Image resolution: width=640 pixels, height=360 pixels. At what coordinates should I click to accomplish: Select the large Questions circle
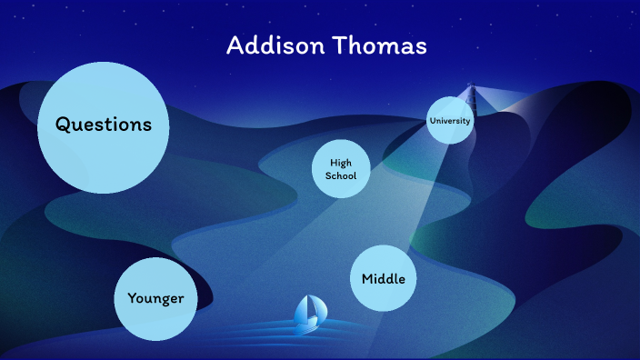point(103,127)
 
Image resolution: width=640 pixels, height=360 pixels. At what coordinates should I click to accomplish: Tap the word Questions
point(103,125)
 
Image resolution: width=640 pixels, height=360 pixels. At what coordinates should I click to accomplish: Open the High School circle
point(341,169)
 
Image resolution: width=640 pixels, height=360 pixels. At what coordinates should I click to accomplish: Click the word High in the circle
point(341,162)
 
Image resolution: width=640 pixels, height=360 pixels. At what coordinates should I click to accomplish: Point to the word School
point(341,175)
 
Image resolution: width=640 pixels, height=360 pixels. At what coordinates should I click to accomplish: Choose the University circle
point(450,120)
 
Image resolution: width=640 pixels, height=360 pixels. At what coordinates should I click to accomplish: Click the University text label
point(450,120)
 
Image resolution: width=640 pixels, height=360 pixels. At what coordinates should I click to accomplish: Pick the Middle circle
point(383,278)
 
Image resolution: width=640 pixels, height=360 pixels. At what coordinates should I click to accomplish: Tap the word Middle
point(383,278)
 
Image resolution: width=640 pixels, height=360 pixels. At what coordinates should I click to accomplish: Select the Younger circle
point(155,298)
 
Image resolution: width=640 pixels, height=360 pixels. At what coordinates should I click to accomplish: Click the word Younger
point(155,298)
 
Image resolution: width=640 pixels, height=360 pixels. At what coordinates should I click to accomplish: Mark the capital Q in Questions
point(64,125)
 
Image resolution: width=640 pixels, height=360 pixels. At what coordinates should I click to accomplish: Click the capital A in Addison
point(235,45)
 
